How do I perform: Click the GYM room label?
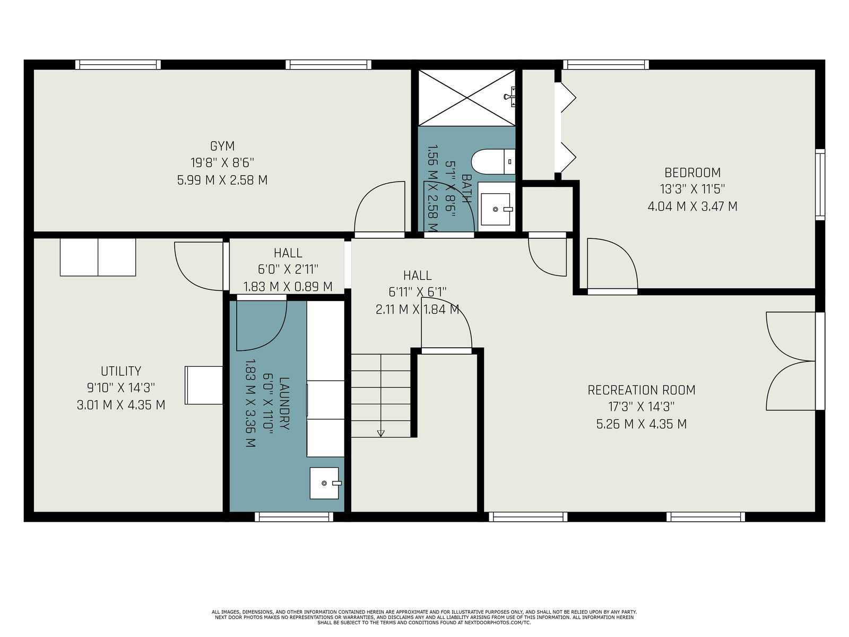click(222, 146)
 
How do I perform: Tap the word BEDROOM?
click(692, 173)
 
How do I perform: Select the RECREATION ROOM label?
click(642, 390)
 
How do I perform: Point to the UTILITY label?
click(121, 371)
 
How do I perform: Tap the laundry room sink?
click(325, 483)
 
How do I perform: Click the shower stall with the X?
click(467, 98)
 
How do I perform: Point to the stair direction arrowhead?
click(380, 434)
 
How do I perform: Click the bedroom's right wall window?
click(820, 185)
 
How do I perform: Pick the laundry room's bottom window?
click(294, 517)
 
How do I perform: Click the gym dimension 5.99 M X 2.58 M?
click(222, 180)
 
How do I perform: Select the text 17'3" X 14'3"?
click(642, 407)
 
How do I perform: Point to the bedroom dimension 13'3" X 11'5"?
click(692, 190)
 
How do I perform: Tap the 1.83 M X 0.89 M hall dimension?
click(288, 287)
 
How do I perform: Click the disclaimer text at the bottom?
click(424, 617)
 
